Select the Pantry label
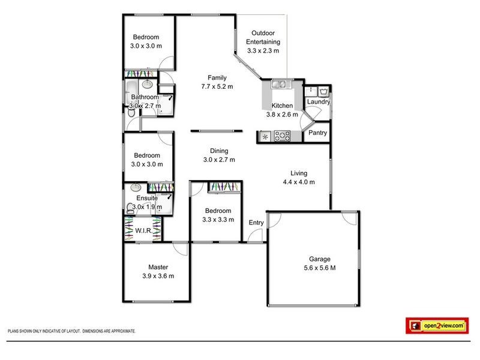click(x=318, y=133)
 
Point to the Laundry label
click(x=319, y=102)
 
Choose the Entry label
click(x=256, y=223)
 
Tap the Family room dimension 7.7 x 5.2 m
click(x=217, y=87)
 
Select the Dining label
click(x=218, y=151)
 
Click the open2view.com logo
click(x=436, y=325)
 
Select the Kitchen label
click(x=282, y=106)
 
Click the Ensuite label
click(x=146, y=198)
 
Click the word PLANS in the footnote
click(x=13, y=331)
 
